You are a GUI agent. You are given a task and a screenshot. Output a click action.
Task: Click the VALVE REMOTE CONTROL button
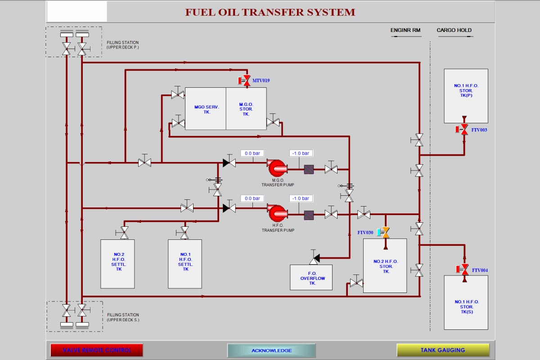[97, 350]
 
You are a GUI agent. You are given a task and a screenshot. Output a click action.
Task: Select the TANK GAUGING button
[443, 350]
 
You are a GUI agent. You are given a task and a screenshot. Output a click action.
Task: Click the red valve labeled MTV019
[246, 81]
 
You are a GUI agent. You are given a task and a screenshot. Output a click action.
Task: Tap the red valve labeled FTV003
[464, 130]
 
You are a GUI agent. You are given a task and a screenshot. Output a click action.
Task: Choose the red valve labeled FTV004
[464, 270]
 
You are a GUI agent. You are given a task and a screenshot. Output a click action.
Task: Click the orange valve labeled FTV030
[385, 232]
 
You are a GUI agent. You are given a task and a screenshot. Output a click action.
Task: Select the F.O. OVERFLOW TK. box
[313, 278]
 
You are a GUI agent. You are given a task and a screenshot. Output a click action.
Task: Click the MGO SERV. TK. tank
[206, 109]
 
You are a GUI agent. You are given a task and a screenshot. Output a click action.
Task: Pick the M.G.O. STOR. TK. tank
[246, 109]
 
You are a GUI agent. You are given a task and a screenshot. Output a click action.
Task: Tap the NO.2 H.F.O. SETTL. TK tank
[117, 264]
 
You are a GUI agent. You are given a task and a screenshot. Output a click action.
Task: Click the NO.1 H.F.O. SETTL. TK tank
[185, 264]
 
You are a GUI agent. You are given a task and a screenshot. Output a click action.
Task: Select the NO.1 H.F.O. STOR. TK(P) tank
[466, 96]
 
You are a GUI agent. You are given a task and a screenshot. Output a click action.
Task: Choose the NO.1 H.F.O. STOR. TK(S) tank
[466, 302]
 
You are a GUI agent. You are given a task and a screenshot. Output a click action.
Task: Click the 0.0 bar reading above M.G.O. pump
[252, 153]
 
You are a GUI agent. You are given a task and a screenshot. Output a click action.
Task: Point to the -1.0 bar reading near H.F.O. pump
[301, 198]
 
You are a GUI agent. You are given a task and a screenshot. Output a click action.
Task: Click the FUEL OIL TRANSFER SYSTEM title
[270, 12]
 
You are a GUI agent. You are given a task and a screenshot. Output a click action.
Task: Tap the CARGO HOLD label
[454, 31]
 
